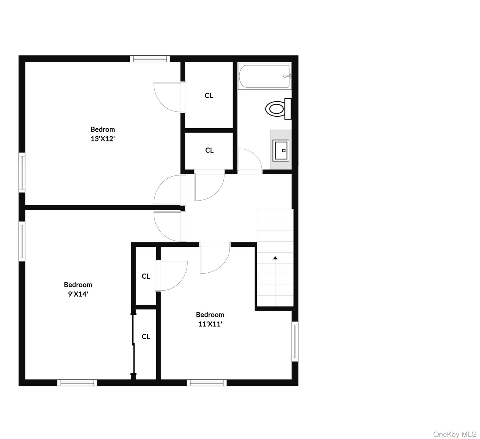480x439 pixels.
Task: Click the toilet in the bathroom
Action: [x=275, y=109]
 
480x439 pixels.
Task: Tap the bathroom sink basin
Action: [x=280, y=150]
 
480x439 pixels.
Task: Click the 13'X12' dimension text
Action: [x=103, y=139]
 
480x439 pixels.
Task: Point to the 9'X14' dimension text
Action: [x=78, y=294]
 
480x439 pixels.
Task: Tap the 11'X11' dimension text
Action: [x=210, y=324]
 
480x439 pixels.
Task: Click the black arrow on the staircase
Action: [x=275, y=258]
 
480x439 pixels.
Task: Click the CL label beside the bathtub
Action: [x=209, y=95]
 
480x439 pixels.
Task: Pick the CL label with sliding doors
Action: [x=146, y=337]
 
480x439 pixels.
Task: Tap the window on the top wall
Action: [x=150, y=59]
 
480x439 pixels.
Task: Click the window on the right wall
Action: [x=295, y=341]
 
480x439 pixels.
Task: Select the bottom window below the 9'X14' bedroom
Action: [x=77, y=383]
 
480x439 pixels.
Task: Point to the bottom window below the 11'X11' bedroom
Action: [x=207, y=383]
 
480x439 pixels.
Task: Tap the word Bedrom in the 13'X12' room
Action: [x=103, y=129]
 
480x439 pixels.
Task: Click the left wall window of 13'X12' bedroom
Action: [x=22, y=172]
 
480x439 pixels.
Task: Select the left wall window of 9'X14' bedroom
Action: [x=22, y=241]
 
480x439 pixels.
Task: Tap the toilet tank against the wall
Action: [x=288, y=109]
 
